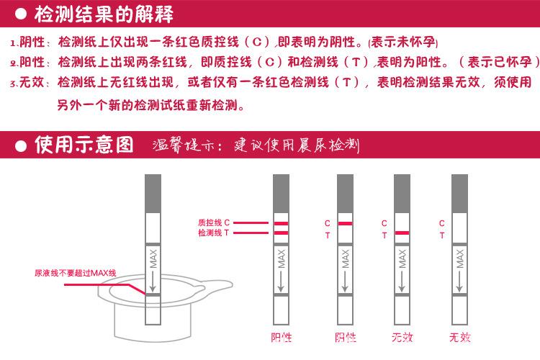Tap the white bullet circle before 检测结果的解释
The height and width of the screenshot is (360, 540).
click(x=21, y=13)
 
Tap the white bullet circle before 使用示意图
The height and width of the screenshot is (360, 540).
click(x=21, y=145)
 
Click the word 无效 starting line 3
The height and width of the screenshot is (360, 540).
click(x=35, y=82)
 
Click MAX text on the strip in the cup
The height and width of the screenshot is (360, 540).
click(x=153, y=256)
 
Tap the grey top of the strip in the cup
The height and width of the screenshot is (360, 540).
click(x=153, y=192)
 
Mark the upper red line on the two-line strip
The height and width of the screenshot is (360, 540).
click(x=281, y=224)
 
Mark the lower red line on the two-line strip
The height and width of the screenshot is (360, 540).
click(x=281, y=233)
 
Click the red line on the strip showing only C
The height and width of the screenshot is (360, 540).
click(x=345, y=224)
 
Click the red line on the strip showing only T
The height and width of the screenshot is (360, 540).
click(x=402, y=233)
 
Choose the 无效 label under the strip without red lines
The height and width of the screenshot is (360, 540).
click(x=459, y=337)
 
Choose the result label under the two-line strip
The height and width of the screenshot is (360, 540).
click(x=281, y=337)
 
